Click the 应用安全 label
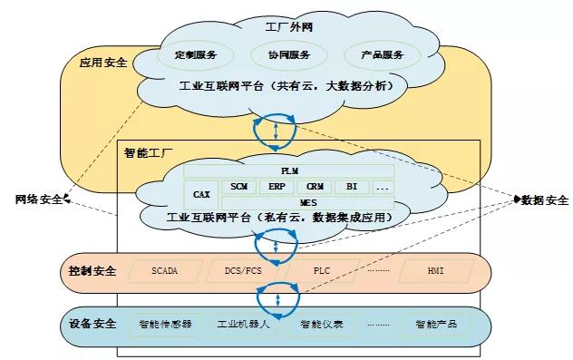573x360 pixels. click(103, 63)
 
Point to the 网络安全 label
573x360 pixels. click(39, 199)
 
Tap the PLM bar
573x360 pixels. click(289, 170)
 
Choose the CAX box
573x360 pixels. click(202, 193)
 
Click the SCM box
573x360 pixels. click(239, 186)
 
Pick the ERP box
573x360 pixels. click(277, 186)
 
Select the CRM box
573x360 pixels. click(314, 186)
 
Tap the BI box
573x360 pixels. click(351, 186)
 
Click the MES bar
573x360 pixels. click(307, 201)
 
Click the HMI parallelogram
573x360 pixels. click(436, 271)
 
